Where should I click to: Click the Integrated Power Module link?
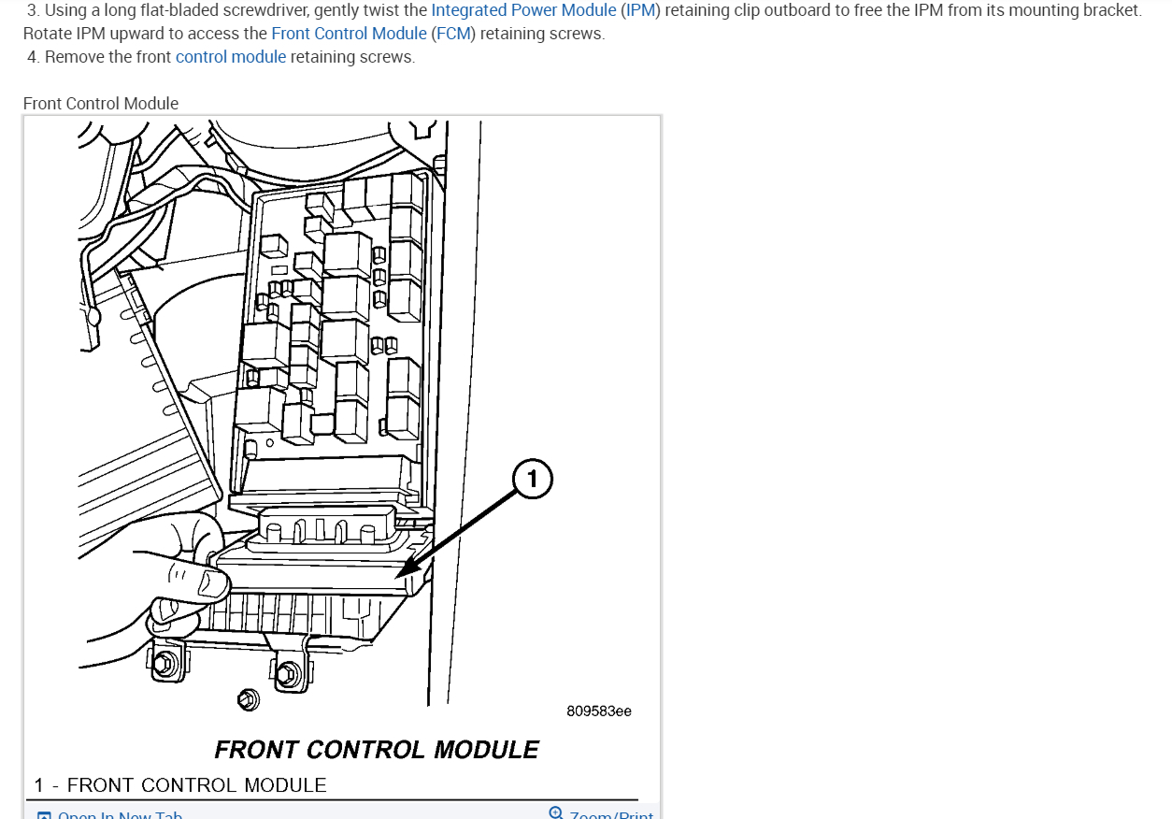[523, 11]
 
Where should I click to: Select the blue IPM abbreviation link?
[640, 11]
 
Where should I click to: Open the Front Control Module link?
[349, 34]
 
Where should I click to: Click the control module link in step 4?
[231, 57]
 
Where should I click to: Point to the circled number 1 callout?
[533, 481]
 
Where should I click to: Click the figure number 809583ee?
[599, 711]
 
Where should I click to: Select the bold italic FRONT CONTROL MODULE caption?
[377, 750]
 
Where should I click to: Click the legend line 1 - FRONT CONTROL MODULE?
[181, 785]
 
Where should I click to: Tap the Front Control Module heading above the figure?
[101, 104]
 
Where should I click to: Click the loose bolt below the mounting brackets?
[248, 698]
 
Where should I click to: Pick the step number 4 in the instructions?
[33, 57]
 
